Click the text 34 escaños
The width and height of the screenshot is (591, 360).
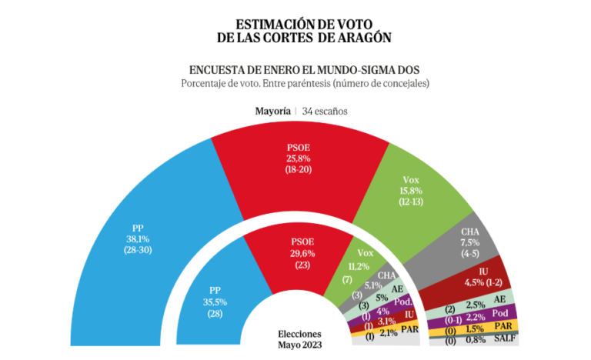[x=325, y=111]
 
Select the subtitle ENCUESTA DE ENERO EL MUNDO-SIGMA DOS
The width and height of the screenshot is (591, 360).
[x=300, y=68]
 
